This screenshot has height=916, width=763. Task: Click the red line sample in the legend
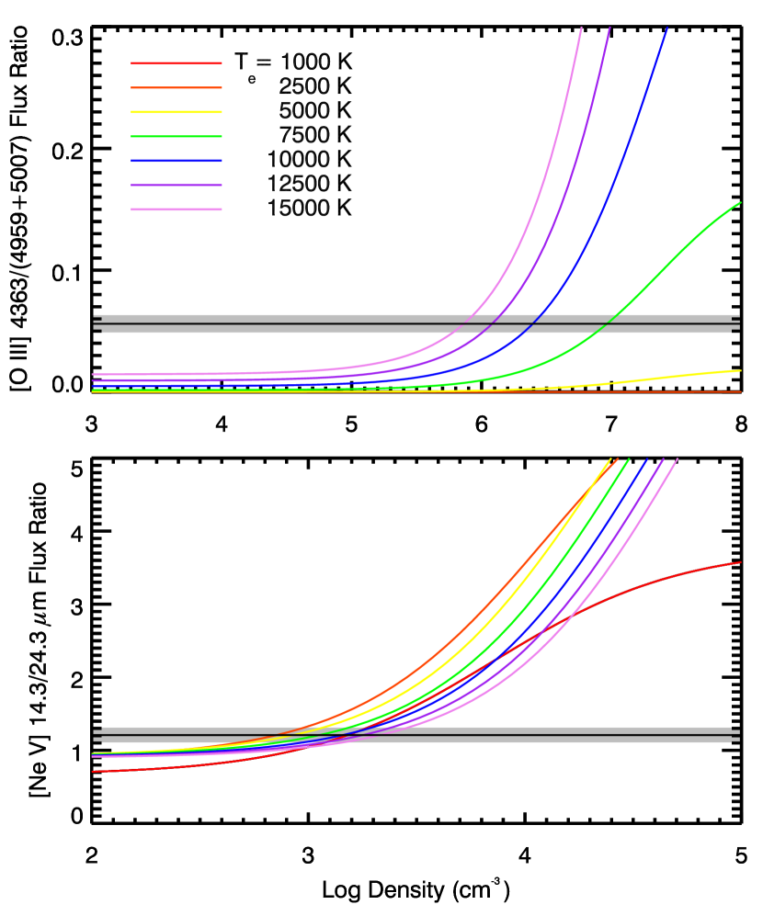tap(176, 63)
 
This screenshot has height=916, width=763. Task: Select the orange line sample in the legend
tap(176, 88)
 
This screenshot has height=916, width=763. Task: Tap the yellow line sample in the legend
tap(176, 112)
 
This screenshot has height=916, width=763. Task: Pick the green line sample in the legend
tap(176, 137)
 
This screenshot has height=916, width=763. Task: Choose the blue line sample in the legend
tap(176, 161)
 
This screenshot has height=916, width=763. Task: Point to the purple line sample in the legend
tap(176, 186)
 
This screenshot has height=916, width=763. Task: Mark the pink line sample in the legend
tap(176, 209)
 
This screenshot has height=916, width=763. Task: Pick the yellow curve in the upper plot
tap(680, 377)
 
